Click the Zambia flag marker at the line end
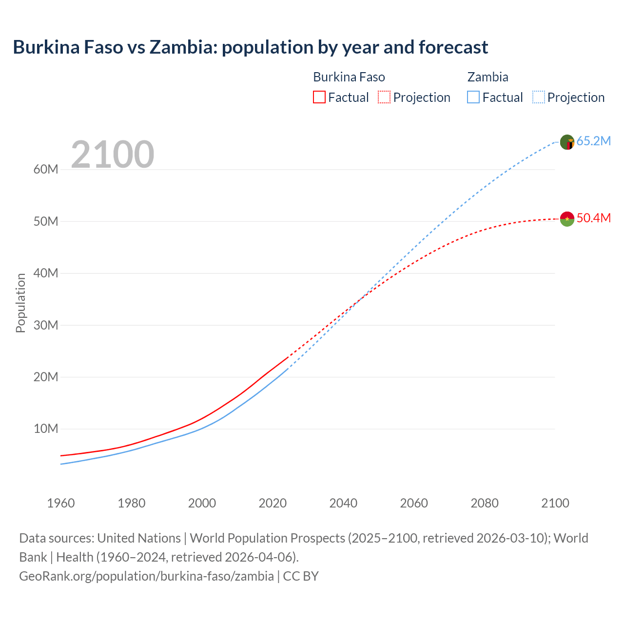click(567, 142)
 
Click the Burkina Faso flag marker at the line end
click(567, 219)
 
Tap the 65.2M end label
click(593, 141)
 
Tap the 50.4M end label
click(593, 218)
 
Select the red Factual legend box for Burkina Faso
click(319, 97)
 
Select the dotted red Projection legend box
click(384, 97)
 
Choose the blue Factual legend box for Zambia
click(473, 97)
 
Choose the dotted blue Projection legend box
click(538, 97)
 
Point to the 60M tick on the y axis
click(46, 170)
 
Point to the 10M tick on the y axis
click(46, 429)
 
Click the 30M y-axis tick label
click(46, 325)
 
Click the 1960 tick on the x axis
click(61, 503)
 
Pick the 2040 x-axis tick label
click(343, 503)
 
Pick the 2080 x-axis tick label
click(485, 503)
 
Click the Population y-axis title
click(20, 303)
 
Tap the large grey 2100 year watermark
click(113, 155)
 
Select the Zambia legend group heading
click(487, 77)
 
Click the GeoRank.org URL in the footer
click(146, 576)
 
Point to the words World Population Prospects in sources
click(267, 538)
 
